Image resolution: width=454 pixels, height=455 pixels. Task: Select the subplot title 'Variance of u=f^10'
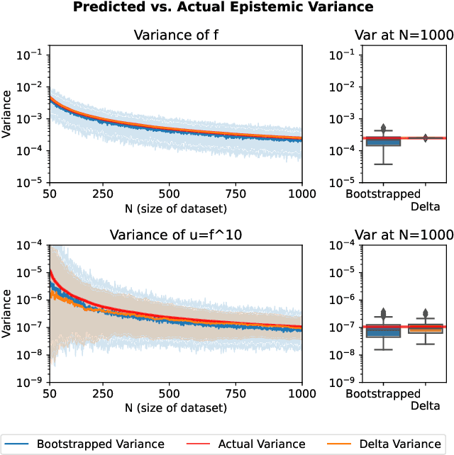pyautogui.click(x=176, y=235)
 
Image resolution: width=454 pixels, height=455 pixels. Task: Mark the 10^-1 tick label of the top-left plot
pyautogui.click(x=33, y=55)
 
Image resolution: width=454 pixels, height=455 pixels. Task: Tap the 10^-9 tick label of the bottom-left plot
pyautogui.click(x=33, y=383)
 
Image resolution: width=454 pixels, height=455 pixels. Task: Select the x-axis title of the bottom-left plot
pyautogui.click(x=176, y=408)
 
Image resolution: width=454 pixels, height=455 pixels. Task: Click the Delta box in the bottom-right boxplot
pyautogui.click(x=424, y=328)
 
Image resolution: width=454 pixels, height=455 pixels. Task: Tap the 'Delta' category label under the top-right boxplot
pyautogui.click(x=424, y=207)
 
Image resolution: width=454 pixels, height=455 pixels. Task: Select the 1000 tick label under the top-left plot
pyautogui.click(x=301, y=193)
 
